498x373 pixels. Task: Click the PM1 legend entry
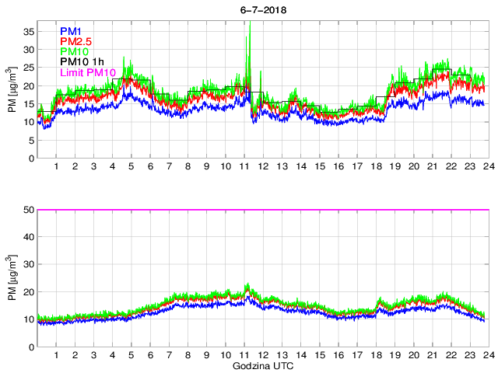(x=70, y=31)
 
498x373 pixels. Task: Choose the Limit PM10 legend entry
(x=87, y=71)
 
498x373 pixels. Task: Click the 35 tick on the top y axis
(x=27, y=32)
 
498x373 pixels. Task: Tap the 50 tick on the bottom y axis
(x=27, y=210)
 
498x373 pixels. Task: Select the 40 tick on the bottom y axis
(x=27, y=237)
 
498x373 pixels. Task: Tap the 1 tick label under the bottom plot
(x=57, y=355)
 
